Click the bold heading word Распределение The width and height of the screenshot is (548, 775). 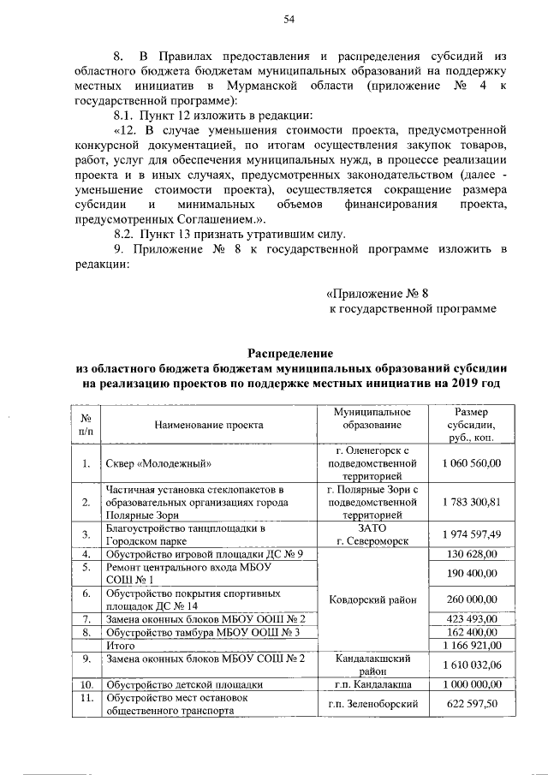[289, 353]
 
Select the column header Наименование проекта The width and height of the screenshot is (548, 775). [209, 424]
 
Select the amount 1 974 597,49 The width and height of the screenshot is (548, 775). [472, 534]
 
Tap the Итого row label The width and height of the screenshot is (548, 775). [120, 644]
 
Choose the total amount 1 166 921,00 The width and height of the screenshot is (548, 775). [472, 644]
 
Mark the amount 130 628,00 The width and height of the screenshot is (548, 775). [472, 554]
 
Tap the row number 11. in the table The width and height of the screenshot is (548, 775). [86, 698]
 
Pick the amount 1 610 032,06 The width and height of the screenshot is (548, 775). [472, 665]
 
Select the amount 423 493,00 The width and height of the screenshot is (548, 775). [472, 618]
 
